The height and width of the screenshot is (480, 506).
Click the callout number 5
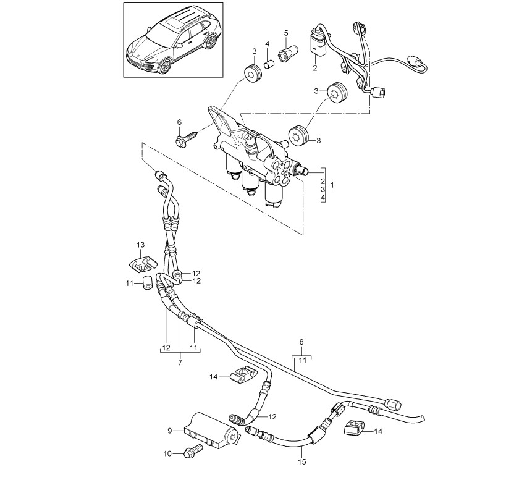286,33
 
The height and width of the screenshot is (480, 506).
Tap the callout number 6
179,122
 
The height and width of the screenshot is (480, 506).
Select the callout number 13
141,245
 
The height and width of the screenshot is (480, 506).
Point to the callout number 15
301,462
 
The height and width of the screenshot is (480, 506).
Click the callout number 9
170,431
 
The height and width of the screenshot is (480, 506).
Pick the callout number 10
167,453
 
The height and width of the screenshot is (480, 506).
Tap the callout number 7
180,362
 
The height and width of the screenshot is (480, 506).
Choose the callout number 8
301,342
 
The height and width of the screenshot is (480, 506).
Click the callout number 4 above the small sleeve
267,43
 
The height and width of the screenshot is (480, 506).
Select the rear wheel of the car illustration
211,41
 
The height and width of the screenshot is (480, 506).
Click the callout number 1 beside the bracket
332,185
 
